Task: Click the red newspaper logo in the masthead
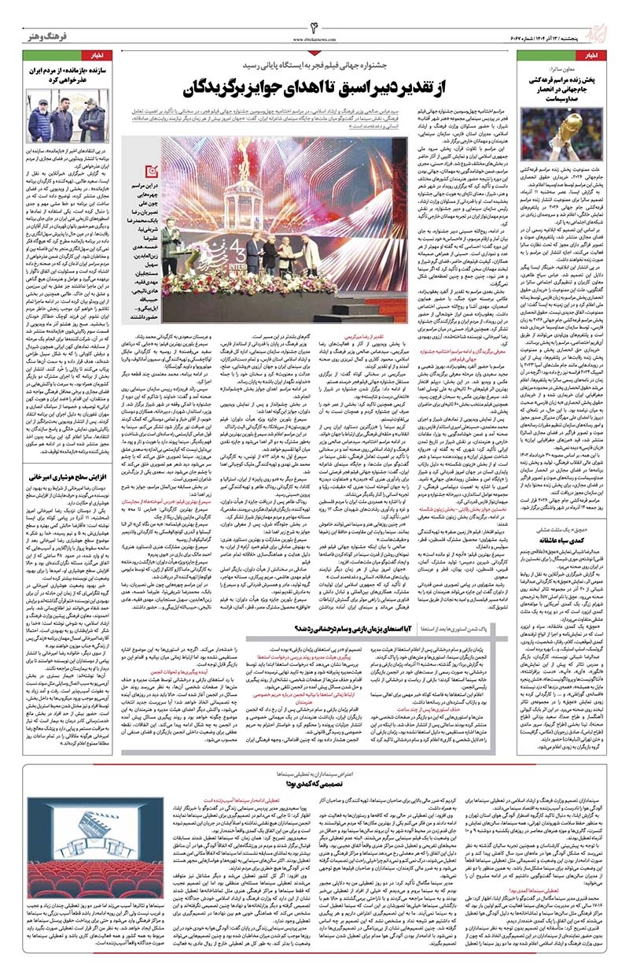coord(600,24)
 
